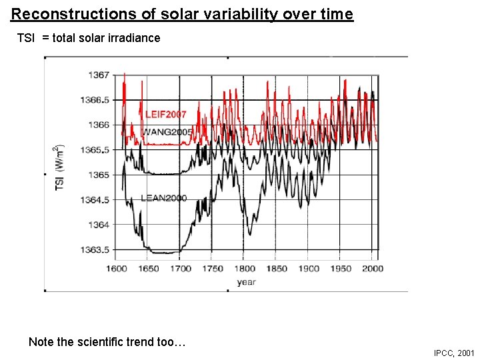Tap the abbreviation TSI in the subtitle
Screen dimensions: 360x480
(26, 38)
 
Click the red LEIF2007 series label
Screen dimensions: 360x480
(166, 115)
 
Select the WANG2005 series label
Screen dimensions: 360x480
(167, 132)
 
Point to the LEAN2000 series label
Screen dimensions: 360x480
(163, 198)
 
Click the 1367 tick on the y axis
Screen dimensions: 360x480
(99, 75)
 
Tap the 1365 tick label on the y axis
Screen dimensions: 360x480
(99, 175)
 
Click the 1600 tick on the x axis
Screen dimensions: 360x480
(117, 269)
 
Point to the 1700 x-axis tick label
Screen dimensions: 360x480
(180, 269)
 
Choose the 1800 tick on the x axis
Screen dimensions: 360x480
(244, 269)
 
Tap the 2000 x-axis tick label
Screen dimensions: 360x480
(372, 269)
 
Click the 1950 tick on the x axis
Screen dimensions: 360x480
(340, 269)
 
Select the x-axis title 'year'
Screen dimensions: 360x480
(246, 282)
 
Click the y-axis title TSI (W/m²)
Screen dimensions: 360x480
(59, 167)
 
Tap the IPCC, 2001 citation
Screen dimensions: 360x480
(453, 353)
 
